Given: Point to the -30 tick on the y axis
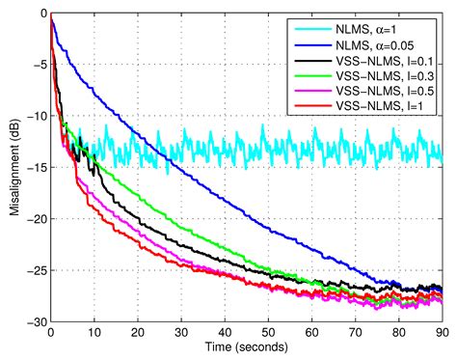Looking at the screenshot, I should click(35, 320).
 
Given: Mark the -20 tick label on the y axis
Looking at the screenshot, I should click(35, 218).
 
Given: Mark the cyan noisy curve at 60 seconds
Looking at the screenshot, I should click(311, 147).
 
